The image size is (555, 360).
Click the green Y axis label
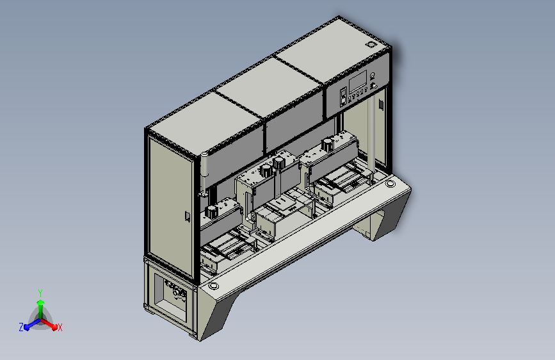(40, 293)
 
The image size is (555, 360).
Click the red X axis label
(60, 327)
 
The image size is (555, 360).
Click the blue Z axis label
(21, 327)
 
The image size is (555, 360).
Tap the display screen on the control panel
(357, 82)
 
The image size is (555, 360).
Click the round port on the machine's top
(371, 45)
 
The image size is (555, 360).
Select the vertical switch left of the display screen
(343, 97)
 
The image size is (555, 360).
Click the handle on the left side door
(188, 217)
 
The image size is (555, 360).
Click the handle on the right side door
(381, 104)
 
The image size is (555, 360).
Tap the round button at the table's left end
(213, 286)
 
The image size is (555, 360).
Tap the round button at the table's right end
(390, 184)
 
